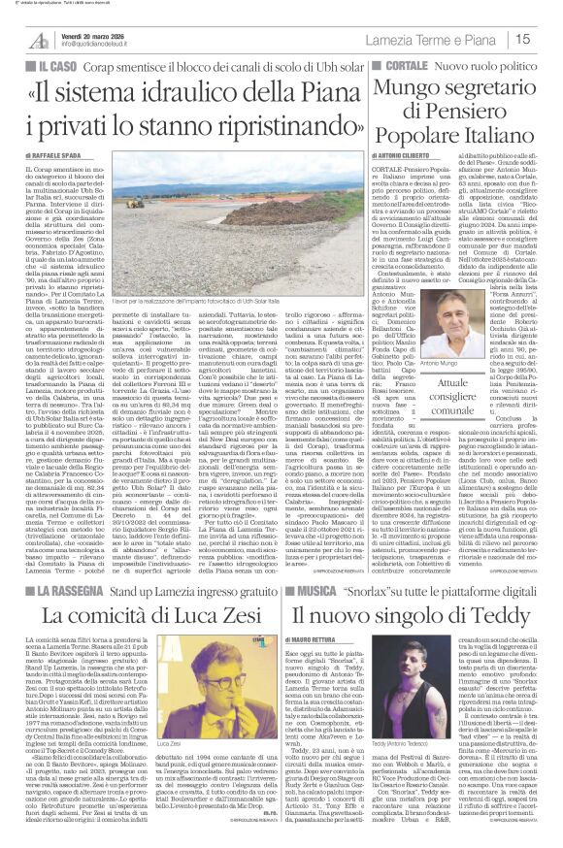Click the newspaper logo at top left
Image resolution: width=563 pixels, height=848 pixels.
[x=40, y=37]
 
